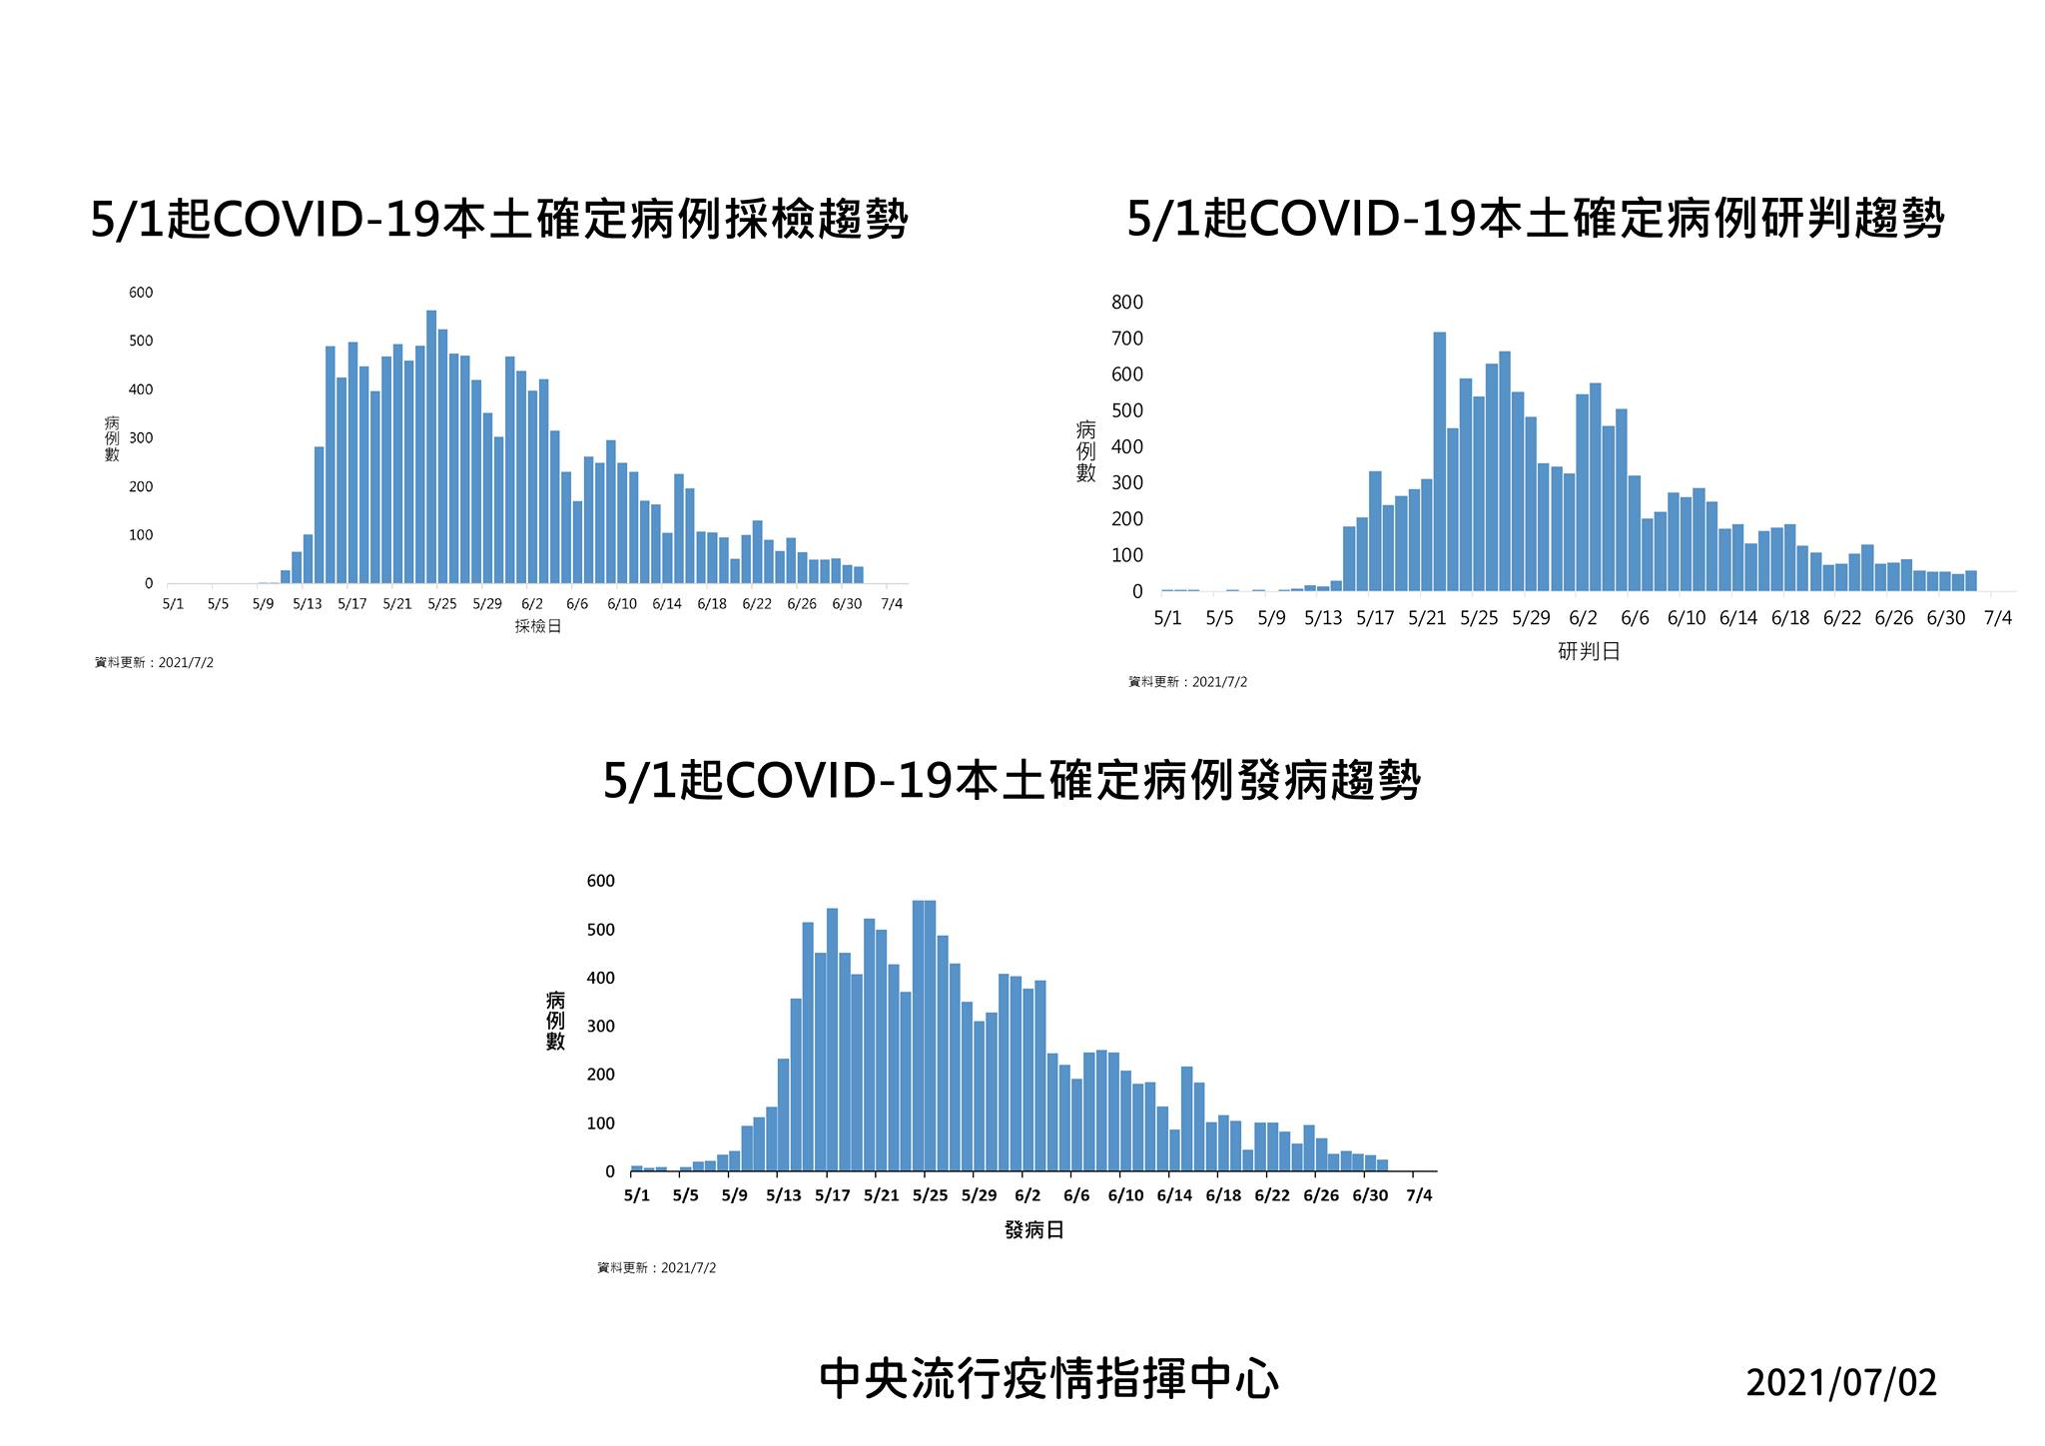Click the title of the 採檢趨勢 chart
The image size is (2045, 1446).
click(x=499, y=219)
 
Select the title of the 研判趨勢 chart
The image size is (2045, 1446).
click(x=1536, y=219)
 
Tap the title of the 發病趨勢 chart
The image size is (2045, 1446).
click(x=1012, y=780)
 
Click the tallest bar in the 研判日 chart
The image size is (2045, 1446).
click(x=1439, y=461)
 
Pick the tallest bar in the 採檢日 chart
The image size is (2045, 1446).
click(x=431, y=446)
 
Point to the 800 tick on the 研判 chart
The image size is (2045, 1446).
click(x=1127, y=303)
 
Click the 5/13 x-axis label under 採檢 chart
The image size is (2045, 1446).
click(x=308, y=604)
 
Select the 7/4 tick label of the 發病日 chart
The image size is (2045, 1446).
click(x=1419, y=1195)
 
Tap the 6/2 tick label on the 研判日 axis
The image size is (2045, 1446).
click(x=1583, y=618)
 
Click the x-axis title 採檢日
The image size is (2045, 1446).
click(x=538, y=627)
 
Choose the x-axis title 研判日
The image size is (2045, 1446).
click(x=1589, y=652)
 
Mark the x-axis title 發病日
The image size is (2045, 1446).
click(x=1034, y=1230)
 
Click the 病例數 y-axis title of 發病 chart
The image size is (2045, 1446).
click(x=555, y=1021)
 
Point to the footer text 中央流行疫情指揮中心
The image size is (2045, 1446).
click(x=1048, y=1380)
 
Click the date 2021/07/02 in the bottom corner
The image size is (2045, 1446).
click(x=1841, y=1383)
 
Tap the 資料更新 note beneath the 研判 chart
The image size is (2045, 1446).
click(x=1188, y=682)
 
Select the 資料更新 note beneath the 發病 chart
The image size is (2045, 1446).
click(x=657, y=1268)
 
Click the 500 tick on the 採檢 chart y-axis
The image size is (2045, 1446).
click(x=141, y=342)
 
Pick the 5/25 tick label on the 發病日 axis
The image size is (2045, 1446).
click(x=930, y=1195)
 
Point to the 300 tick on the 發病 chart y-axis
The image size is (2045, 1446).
click(x=601, y=1027)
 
